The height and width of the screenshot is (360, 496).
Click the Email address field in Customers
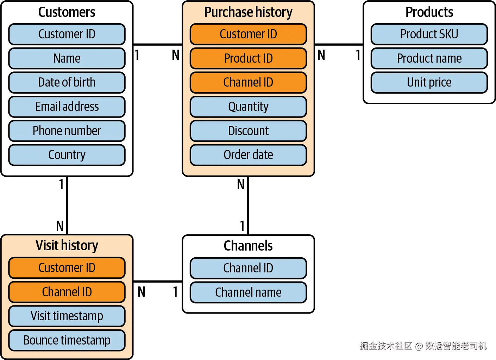coord(67,107)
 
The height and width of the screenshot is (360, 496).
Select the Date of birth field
coord(67,82)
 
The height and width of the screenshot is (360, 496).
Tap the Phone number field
coord(67,131)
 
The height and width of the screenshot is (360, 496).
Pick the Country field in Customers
coord(67,155)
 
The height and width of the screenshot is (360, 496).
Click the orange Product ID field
coord(248,58)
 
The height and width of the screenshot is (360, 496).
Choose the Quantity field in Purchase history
coord(248,107)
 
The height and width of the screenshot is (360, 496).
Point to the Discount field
coord(248,131)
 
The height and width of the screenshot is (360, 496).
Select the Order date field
coord(248,155)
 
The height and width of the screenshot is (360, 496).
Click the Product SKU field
coord(429,34)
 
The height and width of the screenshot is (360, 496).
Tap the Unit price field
coord(429,82)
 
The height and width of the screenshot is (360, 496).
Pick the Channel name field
coord(248,292)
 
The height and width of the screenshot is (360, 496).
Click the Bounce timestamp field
coord(67,340)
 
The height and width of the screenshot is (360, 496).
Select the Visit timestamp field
coord(67,316)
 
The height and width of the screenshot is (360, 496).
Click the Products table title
coord(429,12)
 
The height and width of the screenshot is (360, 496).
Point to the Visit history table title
coord(67,246)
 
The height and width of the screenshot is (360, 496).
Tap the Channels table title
coord(248,246)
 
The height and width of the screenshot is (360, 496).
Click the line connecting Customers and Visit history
coord(67,206)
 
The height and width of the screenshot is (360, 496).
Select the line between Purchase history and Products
coord(339,44)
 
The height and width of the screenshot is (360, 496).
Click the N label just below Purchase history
coord(241,184)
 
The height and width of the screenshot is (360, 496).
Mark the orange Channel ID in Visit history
coord(67,292)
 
